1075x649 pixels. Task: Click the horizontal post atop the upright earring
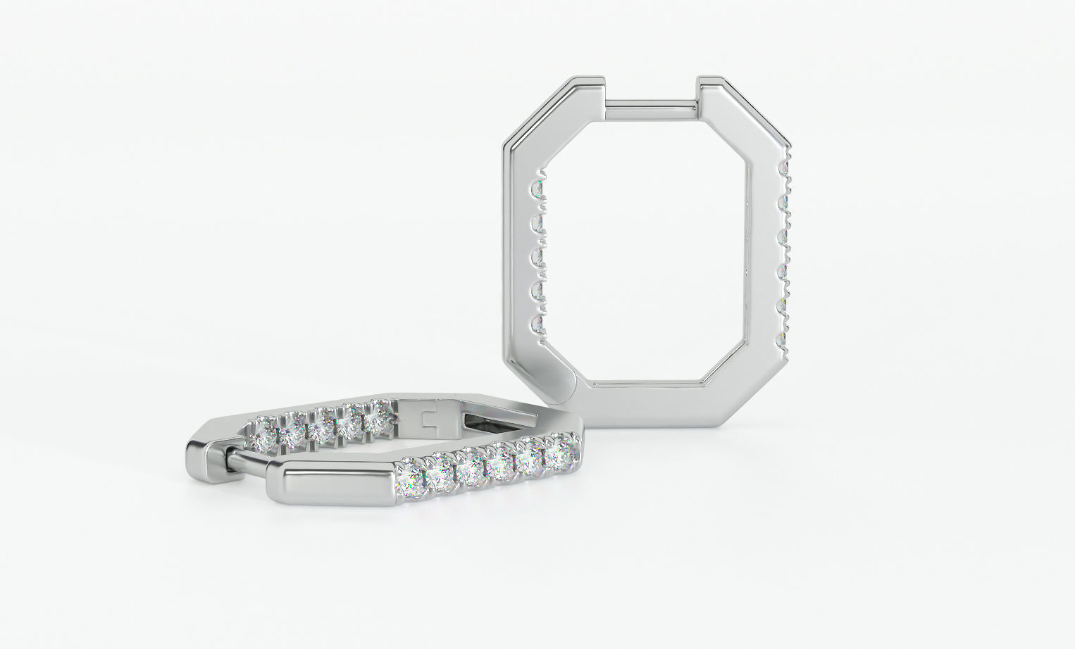(652, 103)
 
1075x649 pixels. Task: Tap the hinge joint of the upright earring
(579, 384)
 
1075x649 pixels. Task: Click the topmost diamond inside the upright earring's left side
(539, 189)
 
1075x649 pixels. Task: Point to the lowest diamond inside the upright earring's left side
(540, 324)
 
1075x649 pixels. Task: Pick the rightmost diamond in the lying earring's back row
(376, 418)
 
